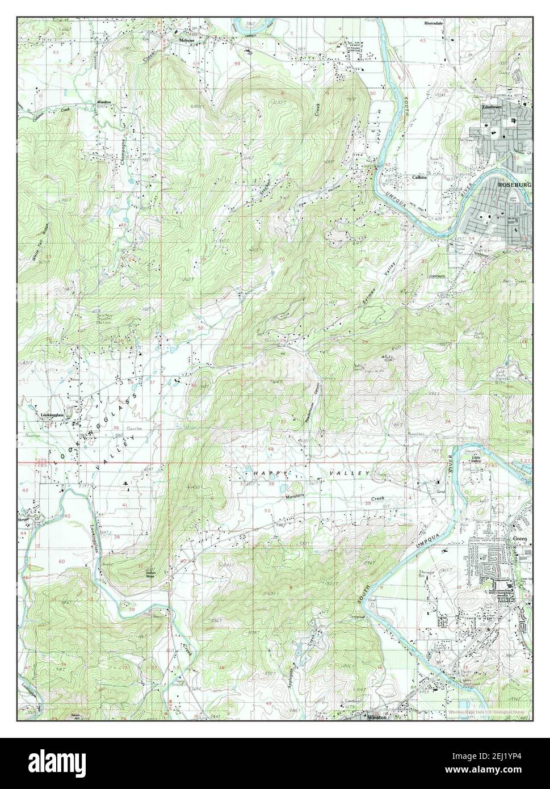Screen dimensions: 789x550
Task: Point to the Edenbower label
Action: pos(493,107)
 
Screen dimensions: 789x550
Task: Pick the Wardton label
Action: pos(104,102)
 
